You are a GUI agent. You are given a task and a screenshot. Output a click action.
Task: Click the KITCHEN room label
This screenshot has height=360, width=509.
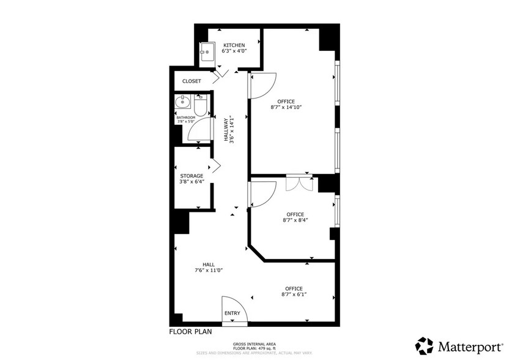coord(234,45)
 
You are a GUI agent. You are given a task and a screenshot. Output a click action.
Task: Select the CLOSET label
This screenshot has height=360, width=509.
coord(191,81)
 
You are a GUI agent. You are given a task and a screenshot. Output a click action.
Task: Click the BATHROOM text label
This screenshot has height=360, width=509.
coord(186,117)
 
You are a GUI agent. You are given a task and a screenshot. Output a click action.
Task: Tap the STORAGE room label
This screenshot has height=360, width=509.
coord(191,176)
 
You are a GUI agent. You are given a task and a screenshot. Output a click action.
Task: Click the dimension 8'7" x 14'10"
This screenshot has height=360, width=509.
coord(286,107)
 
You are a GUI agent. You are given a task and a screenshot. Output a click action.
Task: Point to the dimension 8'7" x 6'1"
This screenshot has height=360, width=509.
coord(294,294)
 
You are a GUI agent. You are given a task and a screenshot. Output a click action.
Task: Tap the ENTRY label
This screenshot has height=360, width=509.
coord(232,313)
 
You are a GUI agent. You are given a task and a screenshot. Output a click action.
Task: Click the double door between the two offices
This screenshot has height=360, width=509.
coord(299,183)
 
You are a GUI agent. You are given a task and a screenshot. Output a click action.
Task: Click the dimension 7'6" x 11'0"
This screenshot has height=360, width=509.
coord(209,270)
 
